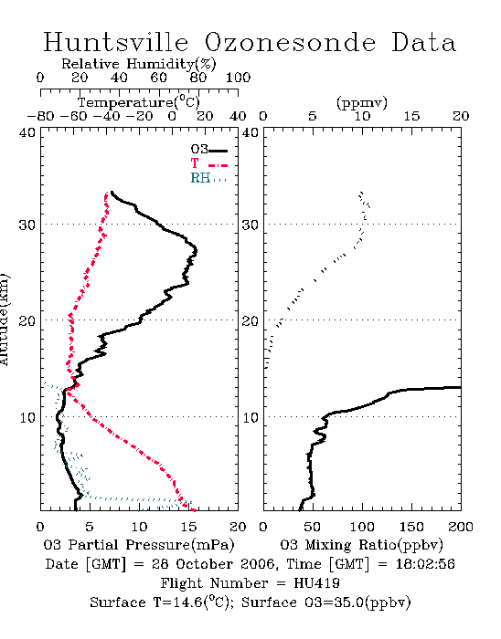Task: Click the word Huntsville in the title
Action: click(116, 42)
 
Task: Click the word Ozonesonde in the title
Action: click(290, 42)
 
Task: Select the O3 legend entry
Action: click(208, 150)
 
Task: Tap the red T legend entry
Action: click(208, 163)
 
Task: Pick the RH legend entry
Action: click(208, 178)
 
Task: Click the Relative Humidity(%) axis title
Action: click(139, 64)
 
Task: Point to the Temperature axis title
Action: click(139, 102)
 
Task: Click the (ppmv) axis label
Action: click(362, 102)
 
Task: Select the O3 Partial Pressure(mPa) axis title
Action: click(139, 545)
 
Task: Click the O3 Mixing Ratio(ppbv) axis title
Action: click(361, 545)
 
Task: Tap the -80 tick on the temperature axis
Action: click(40, 117)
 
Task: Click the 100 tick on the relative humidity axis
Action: click(238, 78)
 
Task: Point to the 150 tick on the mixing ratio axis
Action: click(411, 527)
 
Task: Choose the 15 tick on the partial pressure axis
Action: click(188, 527)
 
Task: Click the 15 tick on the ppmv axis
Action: click(411, 117)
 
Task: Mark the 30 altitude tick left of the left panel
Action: click(27, 225)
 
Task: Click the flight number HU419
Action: click(316, 583)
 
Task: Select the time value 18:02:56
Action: click(425, 564)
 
